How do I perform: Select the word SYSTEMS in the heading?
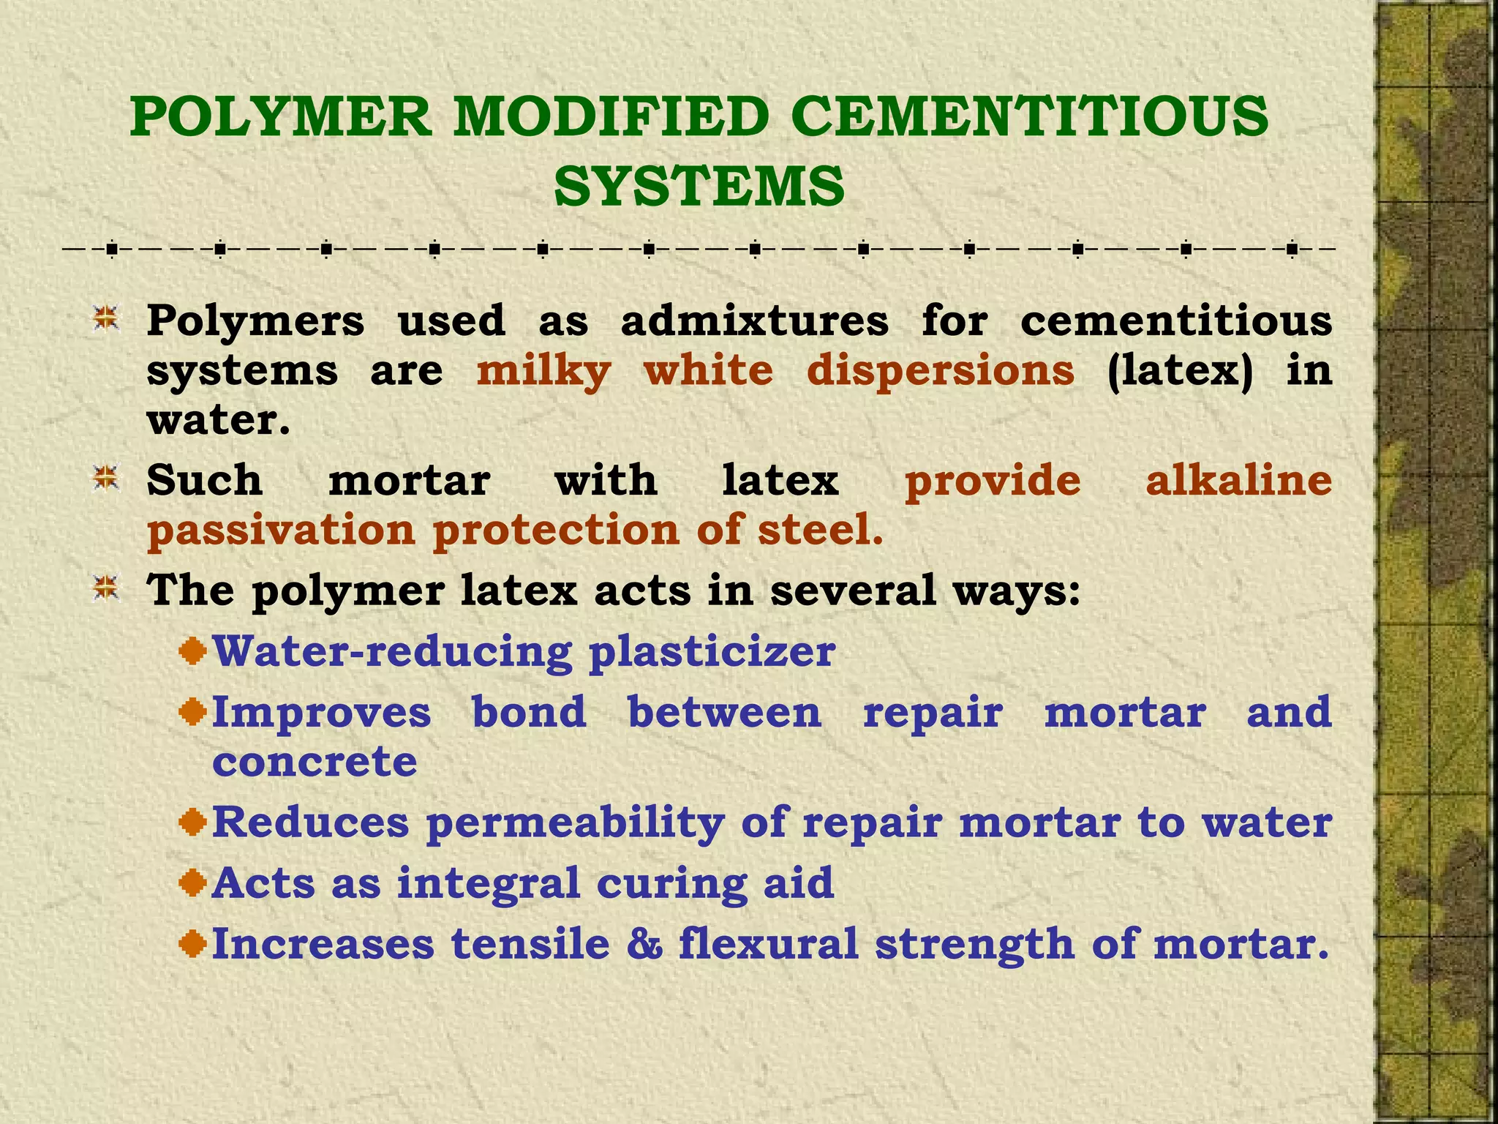(x=699, y=187)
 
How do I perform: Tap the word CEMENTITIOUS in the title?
(x=1029, y=117)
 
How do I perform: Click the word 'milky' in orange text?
(x=543, y=371)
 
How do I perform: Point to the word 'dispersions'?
(x=941, y=371)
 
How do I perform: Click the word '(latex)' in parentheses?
(x=1180, y=371)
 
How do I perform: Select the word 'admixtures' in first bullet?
(x=755, y=321)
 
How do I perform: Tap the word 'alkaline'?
(x=1238, y=481)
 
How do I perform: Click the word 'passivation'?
(x=281, y=531)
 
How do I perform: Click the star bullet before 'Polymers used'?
(x=107, y=320)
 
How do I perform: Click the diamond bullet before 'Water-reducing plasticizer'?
(x=192, y=651)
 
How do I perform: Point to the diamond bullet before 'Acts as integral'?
(x=192, y=883)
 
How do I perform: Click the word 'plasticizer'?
(x=712, y=652)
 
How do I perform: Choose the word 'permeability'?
(x=575, y=823)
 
